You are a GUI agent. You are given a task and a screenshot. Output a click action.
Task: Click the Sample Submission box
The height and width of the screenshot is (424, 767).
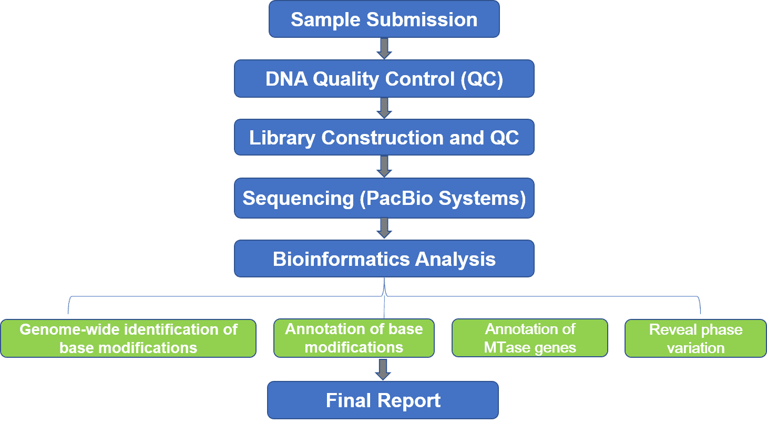tap(384, 19)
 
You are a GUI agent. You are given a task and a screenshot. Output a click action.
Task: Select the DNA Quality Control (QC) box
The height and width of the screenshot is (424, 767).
tap(384, 79)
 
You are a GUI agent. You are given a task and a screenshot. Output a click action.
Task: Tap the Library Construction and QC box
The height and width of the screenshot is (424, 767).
tap(384, 137)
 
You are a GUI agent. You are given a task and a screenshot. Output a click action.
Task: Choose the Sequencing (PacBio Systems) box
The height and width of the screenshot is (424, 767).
tap(384, 198)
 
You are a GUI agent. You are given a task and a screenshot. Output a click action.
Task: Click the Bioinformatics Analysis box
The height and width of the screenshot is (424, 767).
tap(384, 258)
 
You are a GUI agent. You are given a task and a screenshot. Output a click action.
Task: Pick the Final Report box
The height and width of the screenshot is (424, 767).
tap(383, 400)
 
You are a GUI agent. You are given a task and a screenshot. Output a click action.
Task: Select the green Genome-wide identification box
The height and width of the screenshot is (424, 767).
tap(128, 338)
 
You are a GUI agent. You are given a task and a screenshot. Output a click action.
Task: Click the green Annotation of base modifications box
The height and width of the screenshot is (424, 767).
tap(354, 338)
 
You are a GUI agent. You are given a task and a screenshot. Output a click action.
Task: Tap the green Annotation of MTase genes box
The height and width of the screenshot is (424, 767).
tap(530, 338)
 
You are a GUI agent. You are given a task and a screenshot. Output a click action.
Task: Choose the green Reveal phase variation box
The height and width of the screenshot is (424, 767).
tap(696, 338)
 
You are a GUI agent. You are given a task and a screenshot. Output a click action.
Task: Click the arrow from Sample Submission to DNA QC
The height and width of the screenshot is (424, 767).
tap(384, 48)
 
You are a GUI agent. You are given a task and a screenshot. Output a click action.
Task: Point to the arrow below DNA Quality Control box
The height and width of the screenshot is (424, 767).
tap(384, 108)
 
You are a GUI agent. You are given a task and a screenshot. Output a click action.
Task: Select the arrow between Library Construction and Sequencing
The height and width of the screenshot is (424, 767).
tap(384, 167)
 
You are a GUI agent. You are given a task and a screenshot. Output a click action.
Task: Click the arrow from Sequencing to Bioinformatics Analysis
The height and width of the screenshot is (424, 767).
tap(384, 228)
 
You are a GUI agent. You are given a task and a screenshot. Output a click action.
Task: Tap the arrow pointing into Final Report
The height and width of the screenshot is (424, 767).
tap(383, 369)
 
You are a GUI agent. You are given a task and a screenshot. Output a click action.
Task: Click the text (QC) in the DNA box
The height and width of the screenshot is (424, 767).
tap(482, 79)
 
